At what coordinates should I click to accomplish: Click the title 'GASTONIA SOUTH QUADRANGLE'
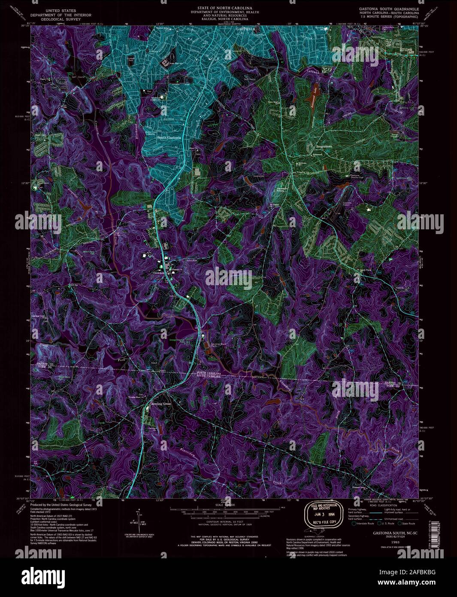pos(386,9)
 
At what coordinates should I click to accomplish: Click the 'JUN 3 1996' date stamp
pos(324,512)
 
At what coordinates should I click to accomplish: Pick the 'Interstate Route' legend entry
pos(364,524)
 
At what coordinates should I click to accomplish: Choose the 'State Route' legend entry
pos(408,524)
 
